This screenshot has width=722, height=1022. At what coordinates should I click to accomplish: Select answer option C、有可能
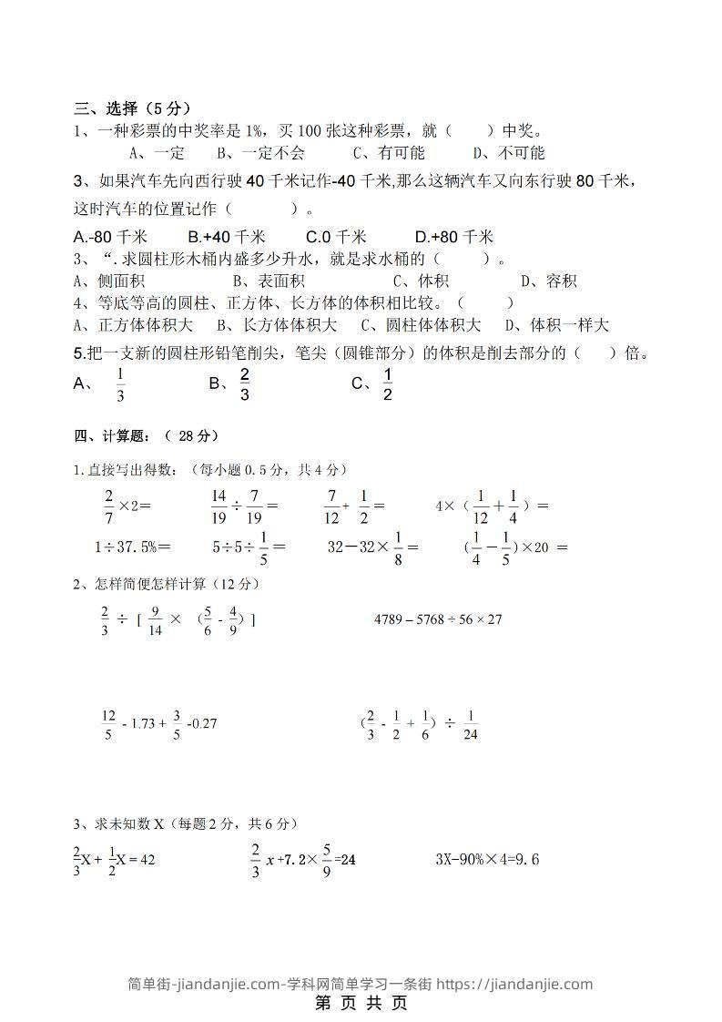(x=389, y=152)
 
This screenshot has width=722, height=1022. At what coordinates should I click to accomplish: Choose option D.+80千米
(x=453, y=236)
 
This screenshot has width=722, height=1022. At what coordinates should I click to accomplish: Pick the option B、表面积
(x=269, y=281)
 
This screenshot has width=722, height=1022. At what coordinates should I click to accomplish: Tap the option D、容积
(x=549, y=281)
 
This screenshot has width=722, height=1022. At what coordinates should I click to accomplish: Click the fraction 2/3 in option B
(x=245, y=384)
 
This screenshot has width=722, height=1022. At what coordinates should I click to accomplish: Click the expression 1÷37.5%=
(x=132, y=547)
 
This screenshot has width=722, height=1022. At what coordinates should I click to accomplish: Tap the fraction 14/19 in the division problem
(x=218, y=506)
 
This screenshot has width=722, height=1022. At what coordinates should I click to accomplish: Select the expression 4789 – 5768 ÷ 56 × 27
(x=438, y=619)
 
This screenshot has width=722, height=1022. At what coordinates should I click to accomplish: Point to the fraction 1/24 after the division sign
(x=470, y=725)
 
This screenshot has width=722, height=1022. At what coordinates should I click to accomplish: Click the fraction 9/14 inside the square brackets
(x=156, y=620)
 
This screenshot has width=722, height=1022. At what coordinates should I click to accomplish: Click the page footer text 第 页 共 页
(x=361, y=1003)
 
